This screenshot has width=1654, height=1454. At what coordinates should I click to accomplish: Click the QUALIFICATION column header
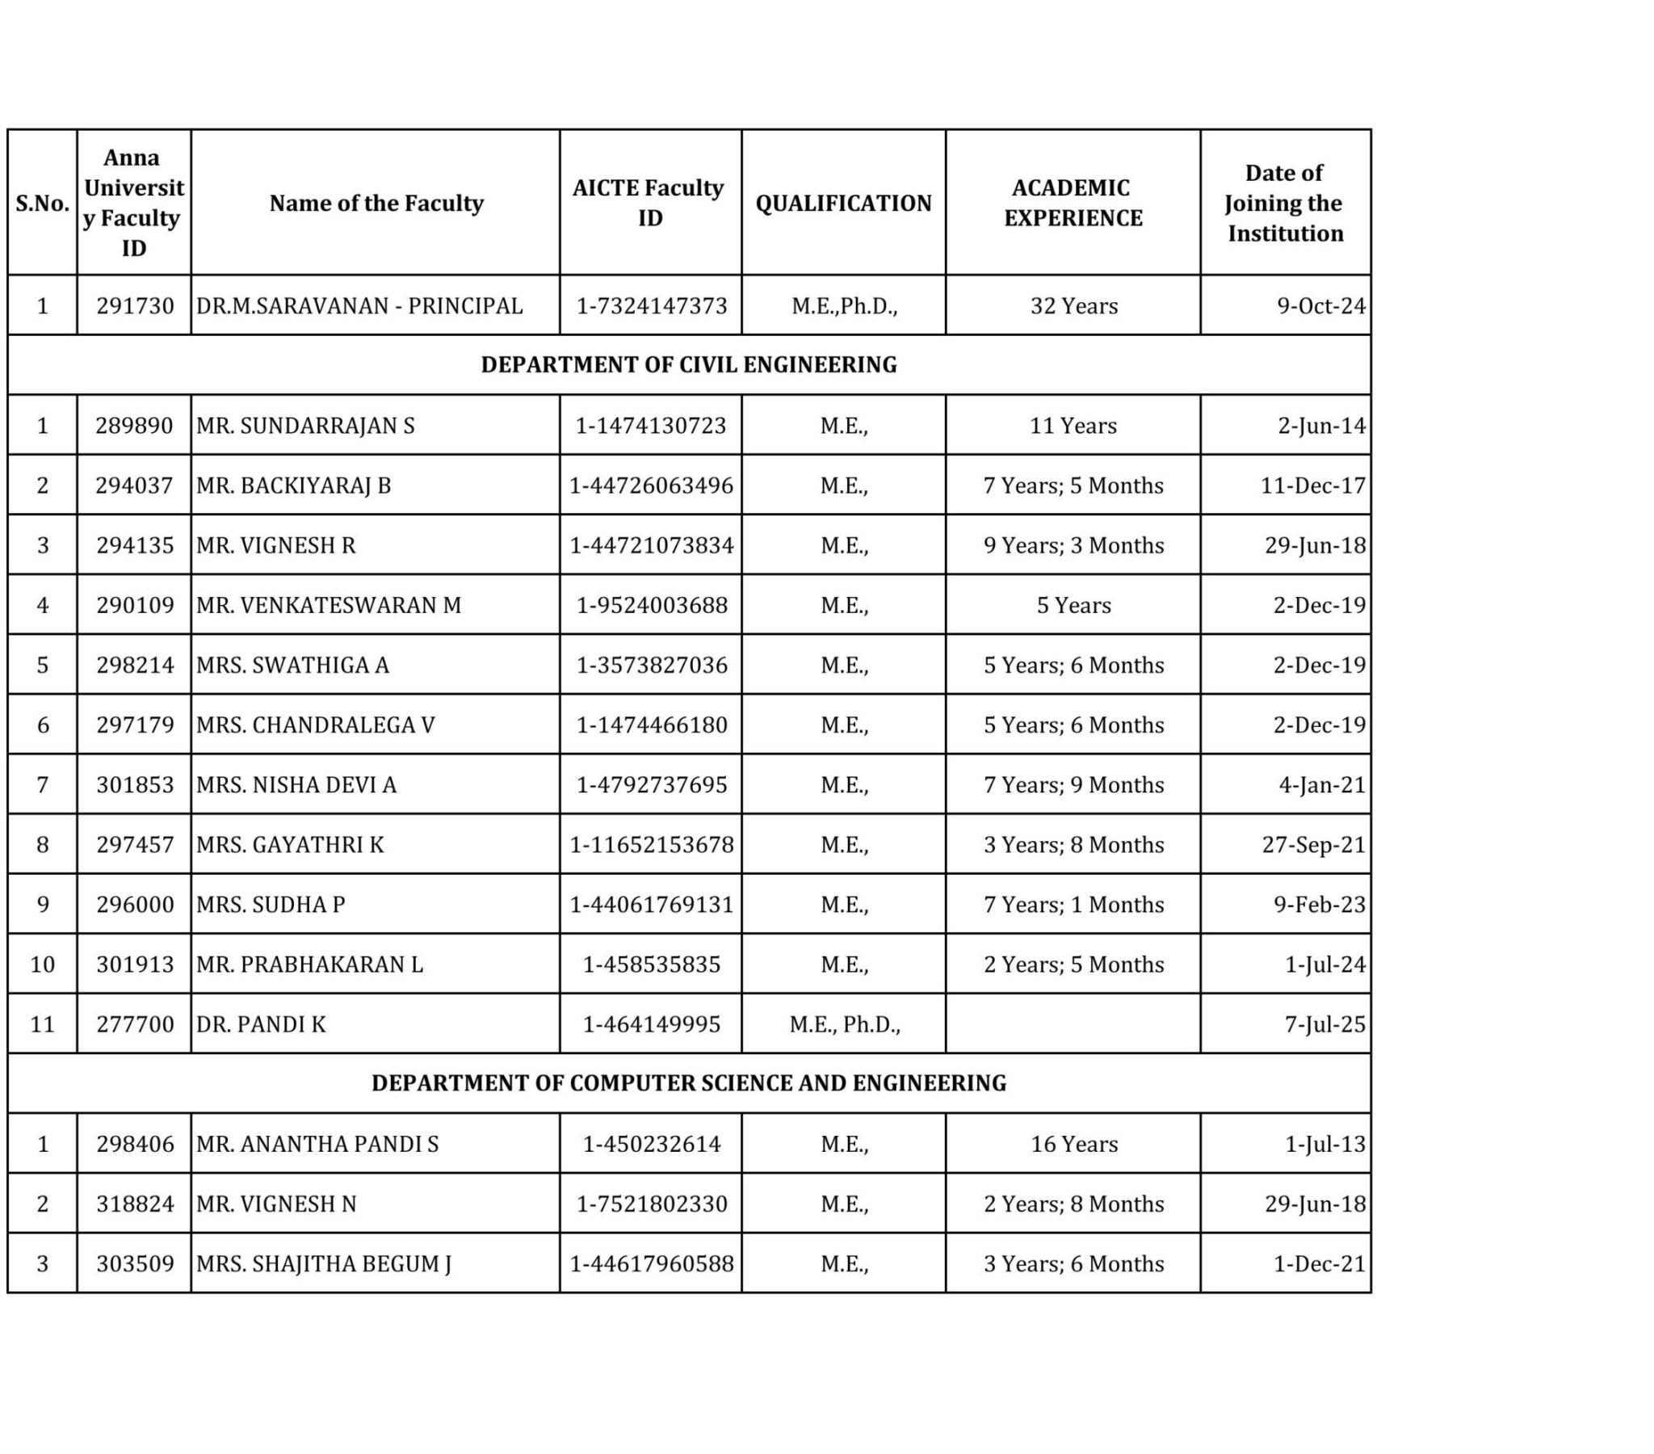pyautogui.click(x=843, y=203)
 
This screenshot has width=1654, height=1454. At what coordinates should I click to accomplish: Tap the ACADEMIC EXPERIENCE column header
pyautogui.click(x=1073, y=203)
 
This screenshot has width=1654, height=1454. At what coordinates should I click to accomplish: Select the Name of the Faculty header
pyautogui.click(x=376, y=203)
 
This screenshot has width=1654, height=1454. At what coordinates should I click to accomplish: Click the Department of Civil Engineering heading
pyautogui.click(x=689, y=364)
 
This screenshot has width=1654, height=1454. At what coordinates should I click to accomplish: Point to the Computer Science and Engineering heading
pyautogui.click(x=689, y=1082)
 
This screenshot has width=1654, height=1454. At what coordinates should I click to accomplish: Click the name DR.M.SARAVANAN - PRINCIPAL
pyautogui.click(x=359, y=306)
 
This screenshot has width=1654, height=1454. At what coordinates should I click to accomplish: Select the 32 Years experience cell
pyautogui.click(x=1073, y=306)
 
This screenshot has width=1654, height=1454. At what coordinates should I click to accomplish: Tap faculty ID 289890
pyautogui.click(x=134, y=426)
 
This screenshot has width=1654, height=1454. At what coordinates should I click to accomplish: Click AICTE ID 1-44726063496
pyautogui.click(x=651, y=485)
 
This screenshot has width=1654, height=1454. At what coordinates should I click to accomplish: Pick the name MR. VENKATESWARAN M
pyautogui.click(x=329, y=606)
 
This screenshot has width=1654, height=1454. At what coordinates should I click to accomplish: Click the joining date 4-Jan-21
pyautogui.click(x=1321, y=785)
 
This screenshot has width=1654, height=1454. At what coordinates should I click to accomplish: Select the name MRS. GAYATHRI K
pyautogui.click(x=290, y=845)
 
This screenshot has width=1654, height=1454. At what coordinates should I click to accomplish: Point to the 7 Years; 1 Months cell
pyautogui.click(x=1073, y=904)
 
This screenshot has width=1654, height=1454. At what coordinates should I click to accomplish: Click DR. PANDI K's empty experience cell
pyautogui.click(x=1073, y=1024)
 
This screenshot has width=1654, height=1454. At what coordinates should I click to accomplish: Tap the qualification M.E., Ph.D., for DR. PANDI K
pyautogui.click(x=844, y=1024)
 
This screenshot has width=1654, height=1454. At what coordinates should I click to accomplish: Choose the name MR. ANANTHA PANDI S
pyautogui.click(x=317, y=1144)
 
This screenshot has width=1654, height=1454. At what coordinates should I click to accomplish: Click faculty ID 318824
pyautogui.click(x=134, y=1204)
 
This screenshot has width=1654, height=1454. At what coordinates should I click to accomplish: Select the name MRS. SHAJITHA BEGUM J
pyautogui.click(x=324, y=1263)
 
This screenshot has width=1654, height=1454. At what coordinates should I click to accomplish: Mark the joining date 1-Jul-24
pyautogui.click(x=1324, y=964)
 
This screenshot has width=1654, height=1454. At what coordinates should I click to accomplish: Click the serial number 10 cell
pyautogui.click(x=42, y=964)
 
